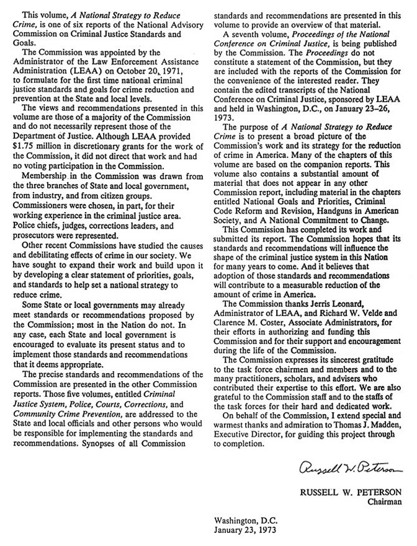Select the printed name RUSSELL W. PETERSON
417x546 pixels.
tap(351, 493)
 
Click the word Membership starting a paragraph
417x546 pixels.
tap(45, 172)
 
